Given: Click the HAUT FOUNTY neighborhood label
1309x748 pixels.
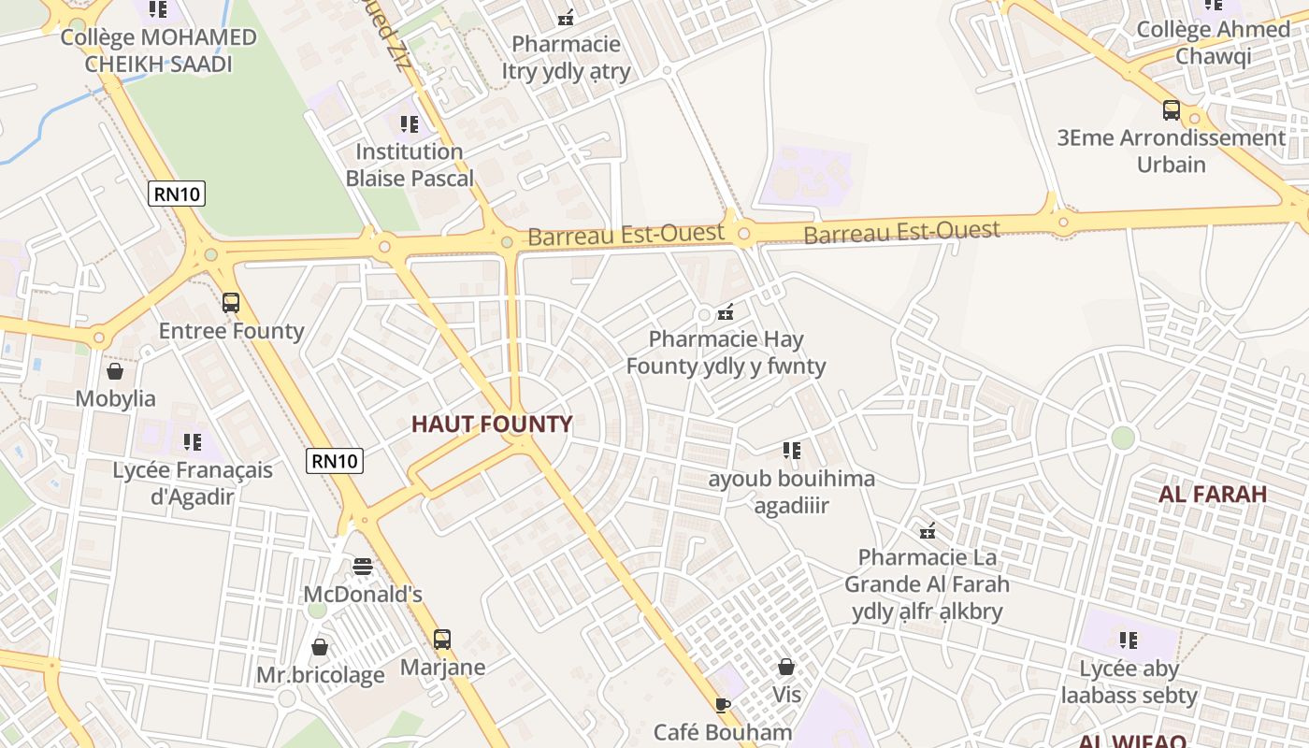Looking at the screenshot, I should [492, 424].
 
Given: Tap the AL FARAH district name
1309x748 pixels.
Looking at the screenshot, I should [1213, 494].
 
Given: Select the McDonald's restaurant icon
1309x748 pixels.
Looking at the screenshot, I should [363, 567].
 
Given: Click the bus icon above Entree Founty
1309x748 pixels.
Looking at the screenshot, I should [231, 303].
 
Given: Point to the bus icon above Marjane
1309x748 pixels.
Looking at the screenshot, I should [442, 640].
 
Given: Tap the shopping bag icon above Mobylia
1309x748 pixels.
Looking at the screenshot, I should [115, 371].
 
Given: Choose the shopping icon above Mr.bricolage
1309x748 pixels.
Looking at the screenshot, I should [320, 647].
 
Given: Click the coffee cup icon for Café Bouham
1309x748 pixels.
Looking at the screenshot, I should [722, 704].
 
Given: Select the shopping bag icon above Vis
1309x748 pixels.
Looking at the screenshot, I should [786, 667].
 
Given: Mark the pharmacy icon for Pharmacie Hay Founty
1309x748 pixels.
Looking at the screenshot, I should [726, 311].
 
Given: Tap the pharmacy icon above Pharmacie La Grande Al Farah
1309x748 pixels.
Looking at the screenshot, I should [928, 531].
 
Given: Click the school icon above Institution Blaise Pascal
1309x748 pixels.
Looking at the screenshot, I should [409, 123].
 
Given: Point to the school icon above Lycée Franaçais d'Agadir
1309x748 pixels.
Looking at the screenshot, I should [193, 441].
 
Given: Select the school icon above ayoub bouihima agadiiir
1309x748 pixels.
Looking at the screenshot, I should [792, 451].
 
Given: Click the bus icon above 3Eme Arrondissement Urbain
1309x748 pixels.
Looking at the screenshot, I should [1172, 110].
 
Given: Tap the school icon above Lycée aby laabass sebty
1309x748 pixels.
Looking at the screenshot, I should [1129, 640].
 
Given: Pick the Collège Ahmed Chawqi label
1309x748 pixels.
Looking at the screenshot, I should [1213, 42].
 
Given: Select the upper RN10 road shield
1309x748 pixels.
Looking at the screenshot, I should [177, 194].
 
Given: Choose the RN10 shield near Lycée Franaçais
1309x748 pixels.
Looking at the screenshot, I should [335, 460].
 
